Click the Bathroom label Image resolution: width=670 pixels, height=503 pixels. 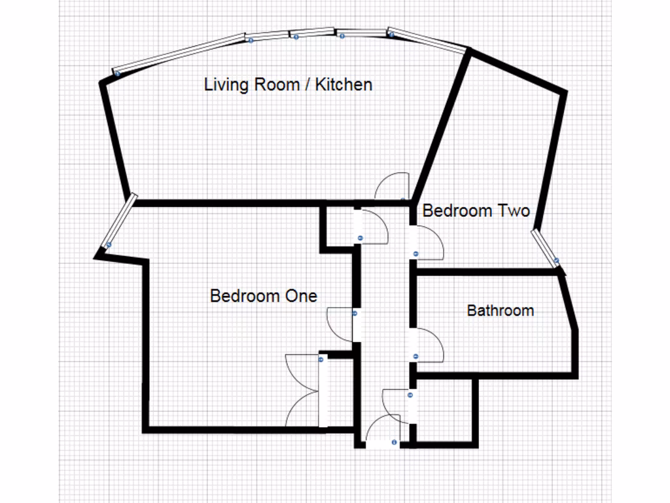pyautogui.click(x=500, y=310)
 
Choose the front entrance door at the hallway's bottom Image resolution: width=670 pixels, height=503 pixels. pyautogui.click(x=381, y=434)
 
